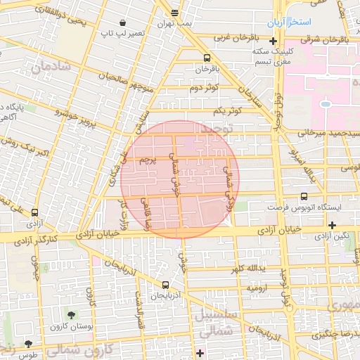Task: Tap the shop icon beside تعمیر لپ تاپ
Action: click(x=123, y=22)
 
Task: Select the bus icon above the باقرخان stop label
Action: click(x=207, y=58)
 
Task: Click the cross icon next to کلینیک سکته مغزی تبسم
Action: click(x=273, y=41)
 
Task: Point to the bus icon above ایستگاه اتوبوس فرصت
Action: click(x=304, y=197)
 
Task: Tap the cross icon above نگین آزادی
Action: click(x=332, y=225)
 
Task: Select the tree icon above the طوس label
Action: click(x=28, y=344)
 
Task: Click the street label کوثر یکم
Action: click(x=228, y=111)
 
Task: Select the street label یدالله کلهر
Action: click(x=247, y=269)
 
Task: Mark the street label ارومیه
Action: click(x=255, y=288)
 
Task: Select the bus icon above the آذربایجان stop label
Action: click(x=165, y=285)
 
